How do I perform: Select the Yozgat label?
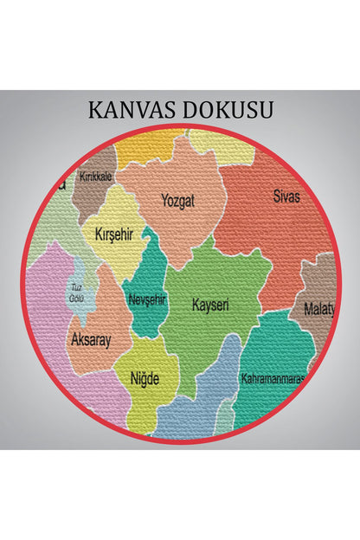click(x=178, y=201)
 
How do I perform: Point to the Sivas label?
click(x=286, y=196)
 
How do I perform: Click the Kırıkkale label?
click(x=95, y=177)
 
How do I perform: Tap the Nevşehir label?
click(x=145, y=299)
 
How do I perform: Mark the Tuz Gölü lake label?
click(x=77, y=292)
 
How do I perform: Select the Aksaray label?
click(x=91, y=340)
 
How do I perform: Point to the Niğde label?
click(x=145, y=378)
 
